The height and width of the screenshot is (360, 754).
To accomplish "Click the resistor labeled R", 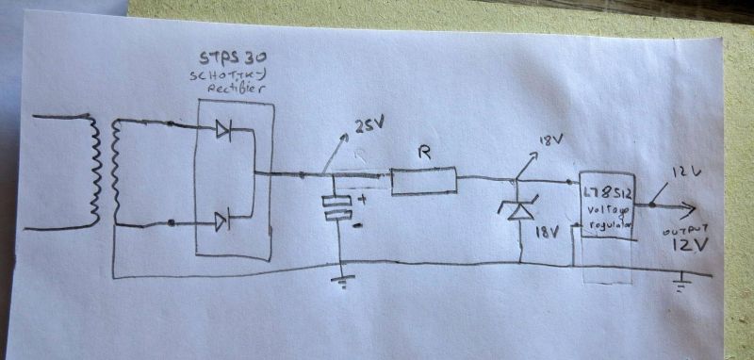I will click(x=423, y=181).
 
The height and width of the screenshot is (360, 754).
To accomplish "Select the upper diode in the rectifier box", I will click(x=223, y=131).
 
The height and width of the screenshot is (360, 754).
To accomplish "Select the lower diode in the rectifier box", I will click(x=222, y=221).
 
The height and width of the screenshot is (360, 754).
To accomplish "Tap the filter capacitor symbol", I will click(x=336, y=207).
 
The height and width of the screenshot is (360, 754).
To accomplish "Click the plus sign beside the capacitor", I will click(x=360, y=198).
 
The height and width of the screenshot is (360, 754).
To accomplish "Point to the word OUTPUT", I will click(x=677, y=230).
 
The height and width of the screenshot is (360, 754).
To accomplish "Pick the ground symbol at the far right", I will click(x=680, y=283).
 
